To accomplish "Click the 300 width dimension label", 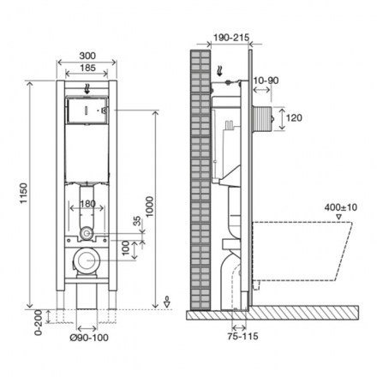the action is pos(87,56).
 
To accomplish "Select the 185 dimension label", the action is pos(87,68).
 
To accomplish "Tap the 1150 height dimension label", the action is pos(24,194).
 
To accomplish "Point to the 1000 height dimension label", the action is pos(150,206).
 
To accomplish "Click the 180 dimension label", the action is pos(87,204).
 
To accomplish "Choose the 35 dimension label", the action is pos(137,221).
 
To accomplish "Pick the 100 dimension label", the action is pos(126,248).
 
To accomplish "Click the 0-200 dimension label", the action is pos(38,322).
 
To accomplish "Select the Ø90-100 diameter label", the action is pos(89,338).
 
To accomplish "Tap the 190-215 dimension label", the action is pos(231,38).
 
